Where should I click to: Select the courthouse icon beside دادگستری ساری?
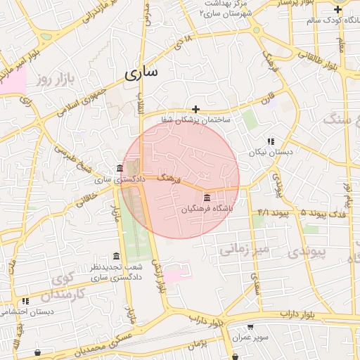click(119, 168)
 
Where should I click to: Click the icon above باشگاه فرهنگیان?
click(206, 198)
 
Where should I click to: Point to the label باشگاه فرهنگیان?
click(206, 209)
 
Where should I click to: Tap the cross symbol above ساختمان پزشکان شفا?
click(195, 109)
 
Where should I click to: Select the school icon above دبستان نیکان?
click(271, 141)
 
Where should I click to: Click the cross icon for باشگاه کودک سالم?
click(338, 9)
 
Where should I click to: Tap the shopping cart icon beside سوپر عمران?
click(250, 327)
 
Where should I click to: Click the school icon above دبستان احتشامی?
click(25, 300)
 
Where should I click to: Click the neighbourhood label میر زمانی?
click(244, 249)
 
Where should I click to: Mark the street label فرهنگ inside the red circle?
click(169, 179)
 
